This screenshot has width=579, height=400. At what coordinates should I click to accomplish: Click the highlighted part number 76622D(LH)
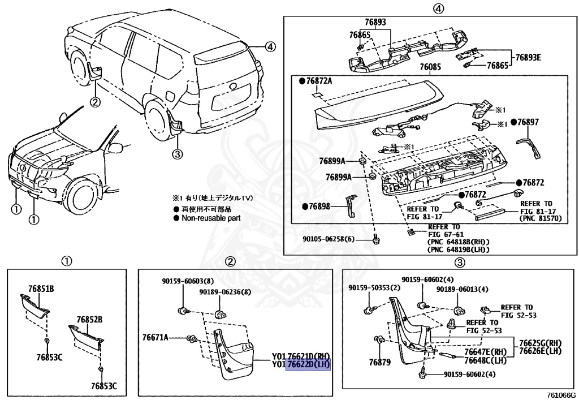point(309,365)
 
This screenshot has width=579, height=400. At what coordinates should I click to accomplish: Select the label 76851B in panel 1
point(41,289)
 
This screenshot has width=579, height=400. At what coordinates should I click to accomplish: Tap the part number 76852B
point(89,320)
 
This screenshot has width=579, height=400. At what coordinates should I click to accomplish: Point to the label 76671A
point(155,338)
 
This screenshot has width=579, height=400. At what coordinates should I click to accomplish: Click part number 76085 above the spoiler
point(430,67)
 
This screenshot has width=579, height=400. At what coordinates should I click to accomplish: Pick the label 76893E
point(528,57)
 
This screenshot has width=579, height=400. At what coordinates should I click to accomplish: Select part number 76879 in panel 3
point(380,362)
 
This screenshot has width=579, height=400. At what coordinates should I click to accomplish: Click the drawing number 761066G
point(560,395)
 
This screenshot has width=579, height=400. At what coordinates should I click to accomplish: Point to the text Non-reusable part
point(211,218)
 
